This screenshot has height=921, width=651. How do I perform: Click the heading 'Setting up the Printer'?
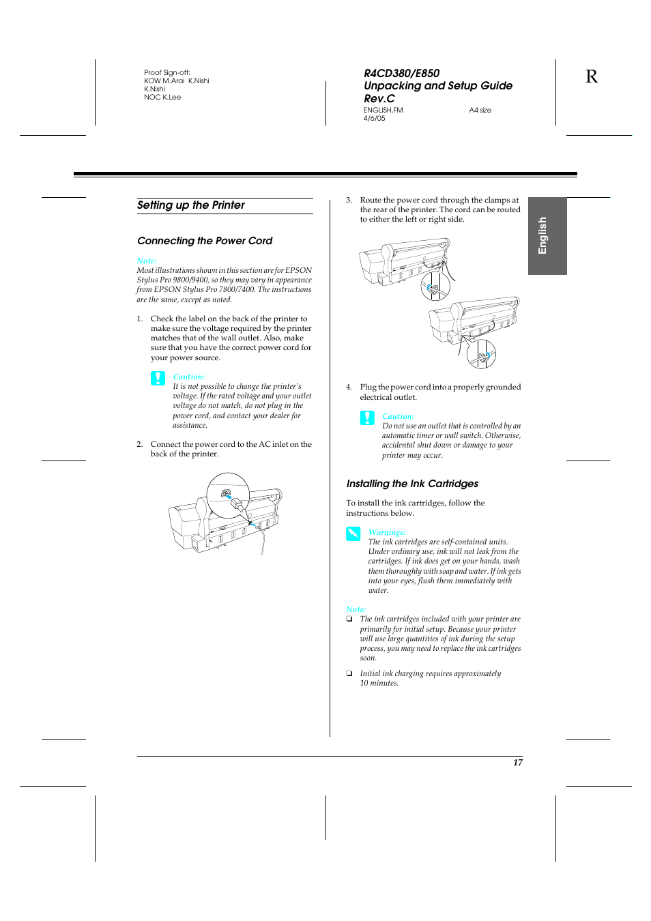(x=190, y=205)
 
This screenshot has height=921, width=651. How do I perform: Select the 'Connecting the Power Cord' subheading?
(x=204, y=241)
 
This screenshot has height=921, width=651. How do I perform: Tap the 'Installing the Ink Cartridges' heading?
(x=411, y=484)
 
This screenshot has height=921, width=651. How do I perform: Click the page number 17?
(x=518, y=763)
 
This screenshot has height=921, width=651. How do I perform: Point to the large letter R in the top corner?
(x=591, y=76)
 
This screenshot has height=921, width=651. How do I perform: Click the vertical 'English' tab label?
(x=543, y=235)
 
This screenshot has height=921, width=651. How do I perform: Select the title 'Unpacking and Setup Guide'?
(x=437, y=86)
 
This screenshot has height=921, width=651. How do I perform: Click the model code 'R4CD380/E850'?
(x=401, y=73)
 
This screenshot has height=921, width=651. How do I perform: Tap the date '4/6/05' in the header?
(x=374, y=119)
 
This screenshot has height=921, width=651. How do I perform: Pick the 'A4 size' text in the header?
(x=480, y=111)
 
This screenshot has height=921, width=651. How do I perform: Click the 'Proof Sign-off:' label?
(x=167, y=73)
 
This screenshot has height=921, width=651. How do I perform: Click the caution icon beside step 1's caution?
(x=158, y=378)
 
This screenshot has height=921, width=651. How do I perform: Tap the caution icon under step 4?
(x=367, y=418)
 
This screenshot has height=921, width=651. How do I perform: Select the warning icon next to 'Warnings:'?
(x=353, y=533)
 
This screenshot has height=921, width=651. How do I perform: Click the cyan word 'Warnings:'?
(x=386, y=532)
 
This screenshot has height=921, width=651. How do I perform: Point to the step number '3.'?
(x=349, y=201)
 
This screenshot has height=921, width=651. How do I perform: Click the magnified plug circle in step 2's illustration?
(x=228, y=494)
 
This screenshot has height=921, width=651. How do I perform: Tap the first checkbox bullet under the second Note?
(x=349, y=619)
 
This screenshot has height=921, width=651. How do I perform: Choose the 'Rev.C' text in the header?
(x=379, y=99)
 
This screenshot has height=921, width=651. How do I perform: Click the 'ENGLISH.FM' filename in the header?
(x=383, y=111)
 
